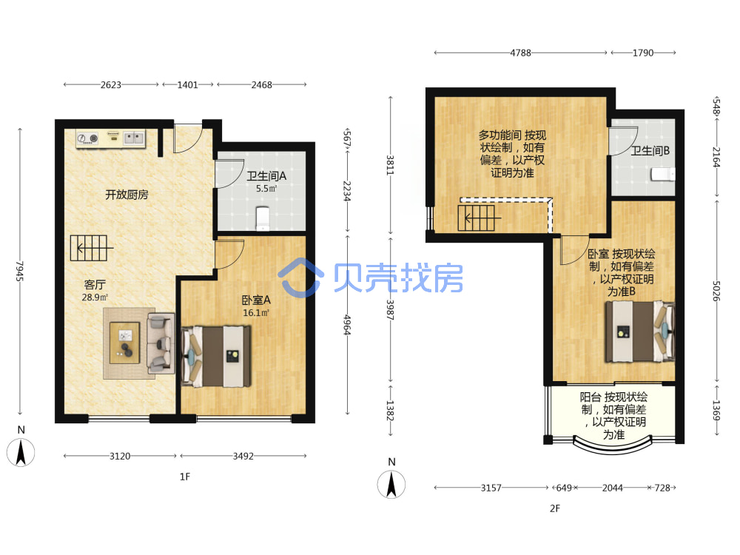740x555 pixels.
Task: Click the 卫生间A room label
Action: click(x=266, y=176)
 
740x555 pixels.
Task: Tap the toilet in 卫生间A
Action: click(x=263, y=219)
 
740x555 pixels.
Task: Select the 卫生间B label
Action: click(x=650, y=150)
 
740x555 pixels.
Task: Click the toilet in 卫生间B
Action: click(x=662, y=174)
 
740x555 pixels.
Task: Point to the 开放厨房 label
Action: click(x=127, y=195)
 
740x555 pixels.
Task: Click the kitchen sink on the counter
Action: click(x=133, y=138)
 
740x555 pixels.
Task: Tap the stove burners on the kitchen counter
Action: click(x=87, y=138)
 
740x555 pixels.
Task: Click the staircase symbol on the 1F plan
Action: click(x=91, y=248)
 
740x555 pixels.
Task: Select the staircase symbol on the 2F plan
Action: click(x=478, y=218)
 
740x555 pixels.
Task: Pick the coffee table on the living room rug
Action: click(x=124, y=343)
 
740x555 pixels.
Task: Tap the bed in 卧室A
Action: click(x=215, y=357)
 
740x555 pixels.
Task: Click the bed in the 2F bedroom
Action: click(x=640, y=332)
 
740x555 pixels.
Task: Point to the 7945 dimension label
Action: click(x=20, y=271)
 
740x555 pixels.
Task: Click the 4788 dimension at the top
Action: click(x=520, y=53)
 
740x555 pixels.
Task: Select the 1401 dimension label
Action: click(x=187, y=85)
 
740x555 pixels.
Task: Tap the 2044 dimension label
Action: click(x=613, y=488)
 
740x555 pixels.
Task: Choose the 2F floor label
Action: click(x=555, y=509)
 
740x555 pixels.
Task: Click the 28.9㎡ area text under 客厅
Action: click(x=95, y=297)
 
